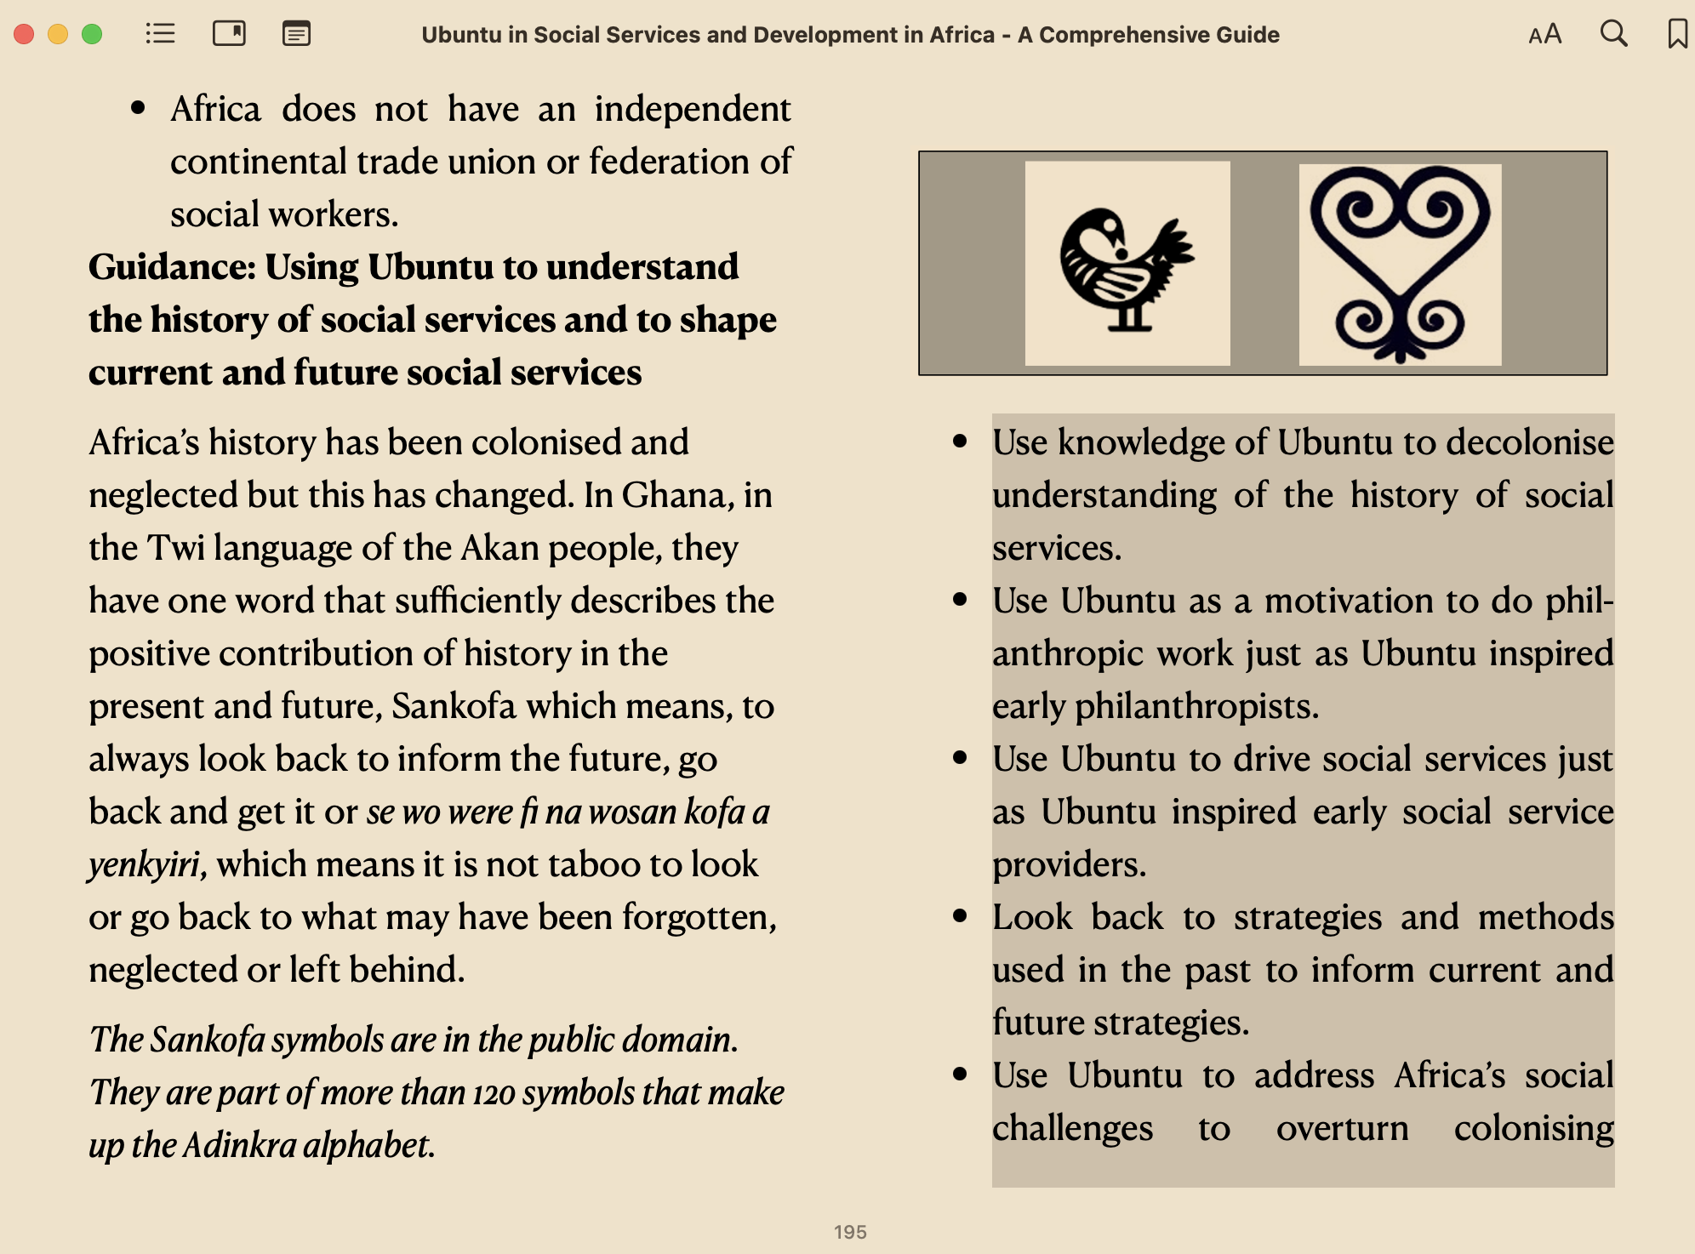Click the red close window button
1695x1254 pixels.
pyautogui.click(x=24, y=34)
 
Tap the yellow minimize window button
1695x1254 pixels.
pyautogui.click(x=58, y=34)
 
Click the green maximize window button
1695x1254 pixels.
pyautogui.click(x=92, y=34)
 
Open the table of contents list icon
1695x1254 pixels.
pyautogui.click(x=160, y=34)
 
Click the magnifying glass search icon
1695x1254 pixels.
pyautogui.click(x=1613, y=34)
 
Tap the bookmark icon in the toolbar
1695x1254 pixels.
pyautogui.click(x=1677, y=34)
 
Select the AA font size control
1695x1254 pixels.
pyautogui.click(x=1545, y=35)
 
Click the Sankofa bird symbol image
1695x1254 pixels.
pyautogui.click(x=1127, y=264)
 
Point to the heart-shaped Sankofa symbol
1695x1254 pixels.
pyautogui.click(x=1400, y=264)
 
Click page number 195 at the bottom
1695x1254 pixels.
pyautogui.click(x=850, y=1232)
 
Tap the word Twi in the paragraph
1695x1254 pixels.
pyautogui.click(x=176, y=548)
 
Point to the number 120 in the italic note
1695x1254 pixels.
pyautogui.click(x=494, y=1093)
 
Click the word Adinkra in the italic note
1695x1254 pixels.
pyautogui.click(x=240, y=1146)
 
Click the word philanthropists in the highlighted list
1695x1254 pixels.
pyautogui.click(x=1196, y=707)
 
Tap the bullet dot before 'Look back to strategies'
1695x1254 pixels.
pyautogui.click(x=961, y=916)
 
